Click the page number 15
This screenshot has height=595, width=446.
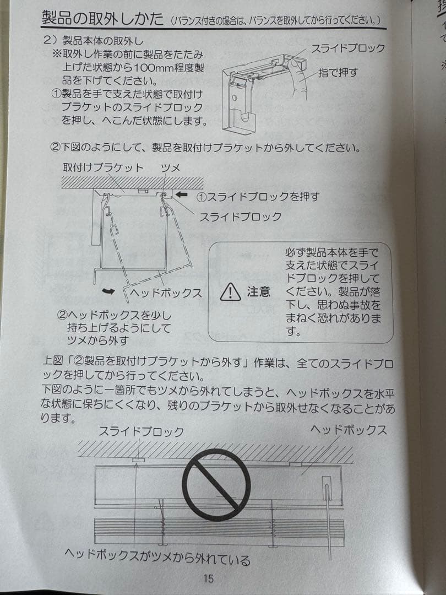(x=209, y=578)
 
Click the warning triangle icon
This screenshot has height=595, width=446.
(x=230, y=292)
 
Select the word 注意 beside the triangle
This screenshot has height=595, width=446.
(x=259, y=291)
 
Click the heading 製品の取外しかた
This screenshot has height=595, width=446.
(x=102, y=18)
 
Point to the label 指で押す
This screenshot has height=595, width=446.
(x=338, y=72)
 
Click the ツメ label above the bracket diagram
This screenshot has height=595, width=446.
(x=170, y=167)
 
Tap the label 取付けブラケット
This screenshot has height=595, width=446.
(x=103, y=167)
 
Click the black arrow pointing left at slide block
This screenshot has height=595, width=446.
(x=182, y=194)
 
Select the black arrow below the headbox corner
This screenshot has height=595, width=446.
(x=108, y=291)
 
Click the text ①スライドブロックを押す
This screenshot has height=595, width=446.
(x=258, y=196)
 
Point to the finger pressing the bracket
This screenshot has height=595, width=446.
(x=298, y=78)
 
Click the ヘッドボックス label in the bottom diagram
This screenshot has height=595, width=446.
(x=349, y=430)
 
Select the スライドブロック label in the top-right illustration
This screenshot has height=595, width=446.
(x=348, y=48)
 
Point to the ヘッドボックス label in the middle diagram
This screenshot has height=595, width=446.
(x=166, y=293)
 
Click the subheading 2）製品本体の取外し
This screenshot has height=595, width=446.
(x=94, y=40)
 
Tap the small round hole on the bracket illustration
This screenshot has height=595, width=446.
(x=235, y=98)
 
